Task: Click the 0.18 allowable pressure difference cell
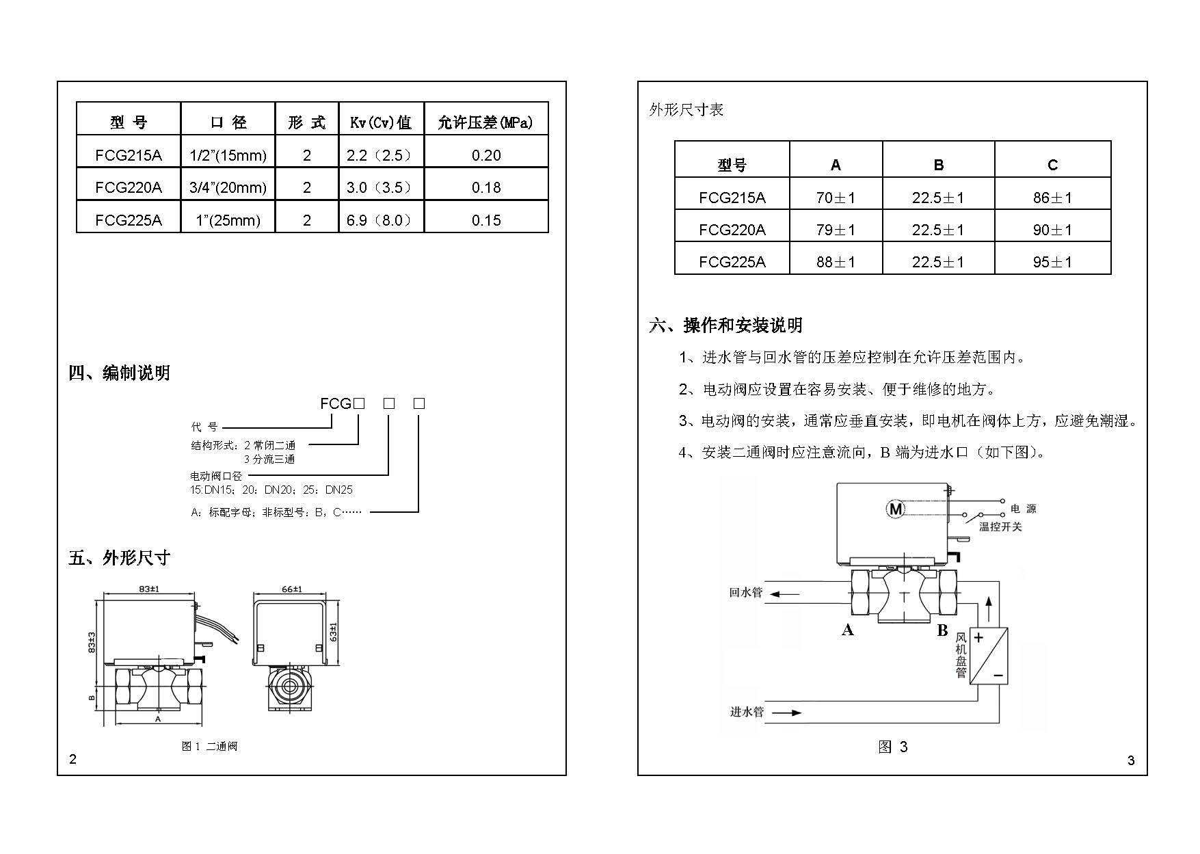pos(486,187)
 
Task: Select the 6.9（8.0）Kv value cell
pos(380,220)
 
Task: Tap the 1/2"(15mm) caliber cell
pos(228,155)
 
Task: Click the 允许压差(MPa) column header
pos(485,122)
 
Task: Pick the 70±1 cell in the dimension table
pos(836,198)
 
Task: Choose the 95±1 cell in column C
pos(1052,262)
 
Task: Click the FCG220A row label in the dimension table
pos(732,230)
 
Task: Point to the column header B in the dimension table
pos(938,165)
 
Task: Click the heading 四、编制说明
pos(119,373)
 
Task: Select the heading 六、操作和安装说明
pos(725,325)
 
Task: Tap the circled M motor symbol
pos(895,509)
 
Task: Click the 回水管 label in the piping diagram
pos(745,592)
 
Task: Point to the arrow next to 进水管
pos(787,712)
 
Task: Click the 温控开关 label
pos(1000,526)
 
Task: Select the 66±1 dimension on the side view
pos(292,589)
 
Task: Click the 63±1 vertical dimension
pos(334,631)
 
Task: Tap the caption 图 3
pos(892,747)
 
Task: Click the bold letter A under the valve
pos(848,630)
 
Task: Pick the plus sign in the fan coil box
pos(978,638)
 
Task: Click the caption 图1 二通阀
pos(209,746)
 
